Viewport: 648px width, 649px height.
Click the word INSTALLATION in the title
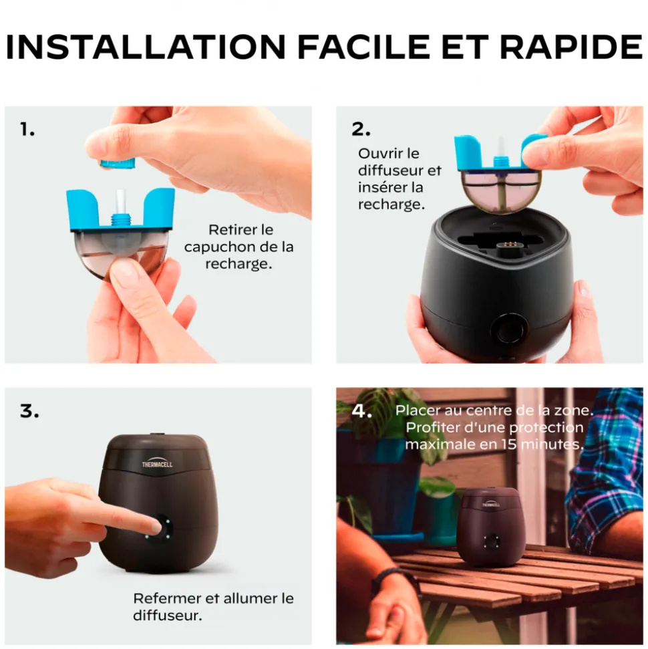coord(146,46)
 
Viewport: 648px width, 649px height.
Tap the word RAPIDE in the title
coord(571,46)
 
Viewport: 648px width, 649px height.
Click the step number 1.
coord(27,129)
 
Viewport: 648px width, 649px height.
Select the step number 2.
coord(361,129)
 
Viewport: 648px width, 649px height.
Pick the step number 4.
coord(361,411)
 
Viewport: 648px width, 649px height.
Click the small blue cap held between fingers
coord(118,162)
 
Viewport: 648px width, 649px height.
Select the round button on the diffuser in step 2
coord(508,328)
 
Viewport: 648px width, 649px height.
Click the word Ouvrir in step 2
coord(381,153)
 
